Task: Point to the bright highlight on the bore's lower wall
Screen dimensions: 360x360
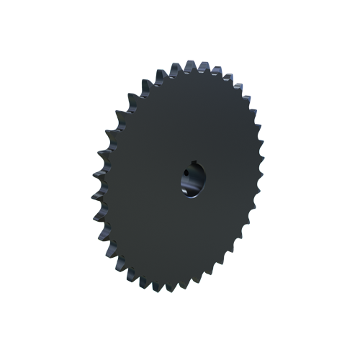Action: click(191, 193)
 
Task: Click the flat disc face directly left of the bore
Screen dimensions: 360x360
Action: click(144, 184)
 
